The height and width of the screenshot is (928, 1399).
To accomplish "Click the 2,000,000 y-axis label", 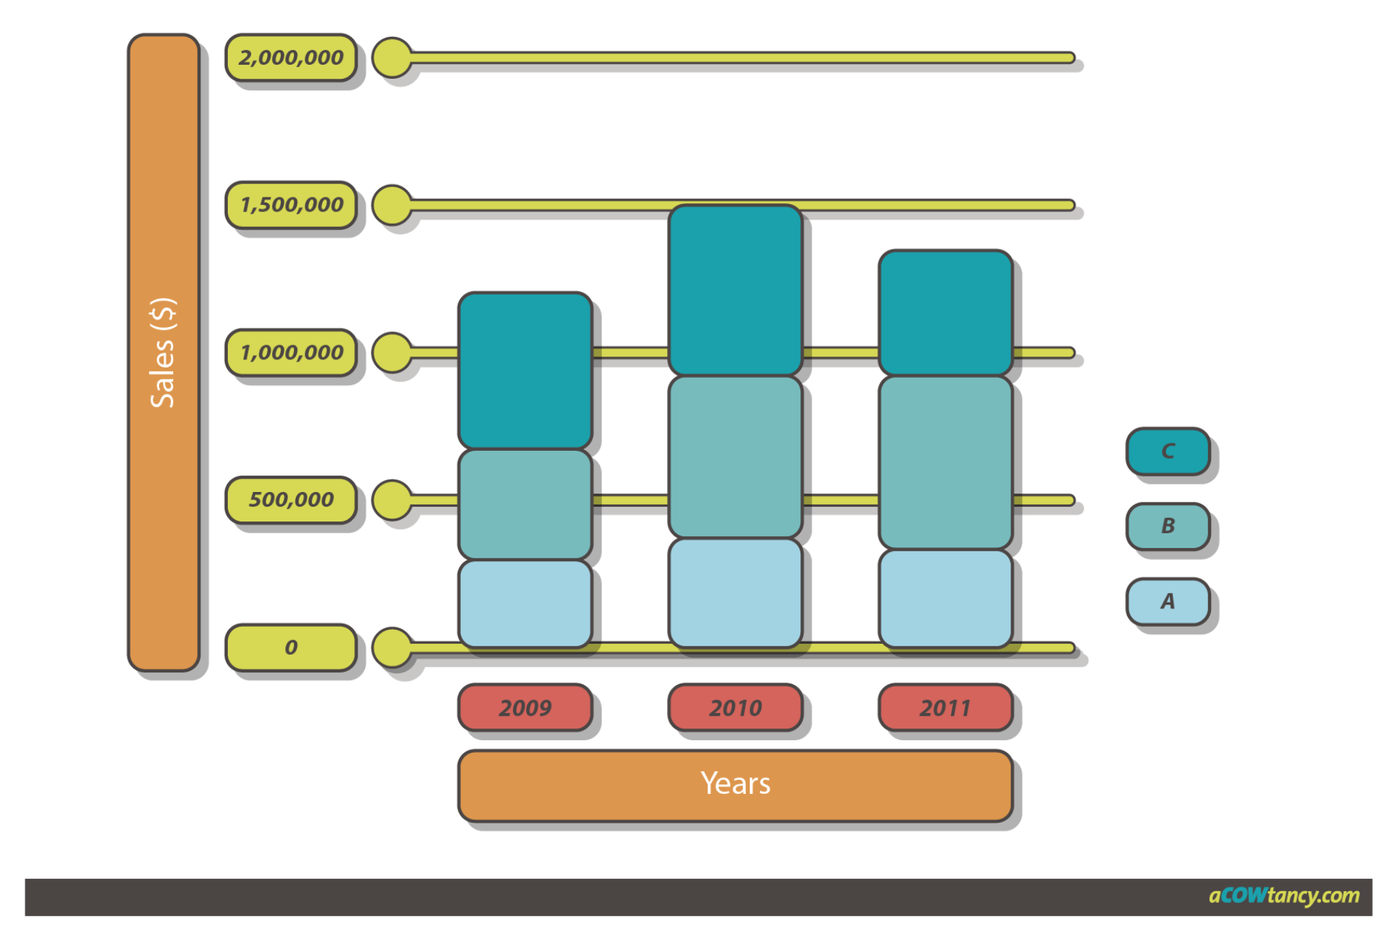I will click(290, 57).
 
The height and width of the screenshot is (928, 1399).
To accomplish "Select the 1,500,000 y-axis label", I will click(290, 205).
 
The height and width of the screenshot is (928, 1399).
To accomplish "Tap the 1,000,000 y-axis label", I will click(290, 352).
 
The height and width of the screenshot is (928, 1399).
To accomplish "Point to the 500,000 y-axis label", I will click(290, 499).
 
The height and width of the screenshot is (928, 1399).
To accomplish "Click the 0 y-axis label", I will click(290, 647).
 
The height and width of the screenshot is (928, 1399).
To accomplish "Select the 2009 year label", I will click(525, 708).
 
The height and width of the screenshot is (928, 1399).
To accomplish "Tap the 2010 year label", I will click(735, 708).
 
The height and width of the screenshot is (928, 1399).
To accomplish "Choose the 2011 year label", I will click(945, 708).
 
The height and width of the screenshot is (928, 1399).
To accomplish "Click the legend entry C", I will click(1168, 451).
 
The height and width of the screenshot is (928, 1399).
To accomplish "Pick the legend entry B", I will click(1168, 526).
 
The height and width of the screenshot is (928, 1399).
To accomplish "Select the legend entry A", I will click(1168, 601).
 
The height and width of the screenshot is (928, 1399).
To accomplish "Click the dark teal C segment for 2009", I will click(525, 370).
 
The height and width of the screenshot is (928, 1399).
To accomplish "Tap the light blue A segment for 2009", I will click(525, 603).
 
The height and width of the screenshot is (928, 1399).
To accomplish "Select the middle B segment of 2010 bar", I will click(735, 457).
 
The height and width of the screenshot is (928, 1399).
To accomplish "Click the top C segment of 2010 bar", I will click(735, 290).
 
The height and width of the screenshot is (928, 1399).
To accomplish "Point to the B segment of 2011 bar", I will click(945, 463).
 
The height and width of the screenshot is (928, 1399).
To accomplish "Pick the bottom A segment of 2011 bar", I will click(945, 598).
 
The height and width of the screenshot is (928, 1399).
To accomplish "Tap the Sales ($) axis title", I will click(163, 352).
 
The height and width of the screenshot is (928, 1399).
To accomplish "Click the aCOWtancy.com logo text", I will click(1283, 896).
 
